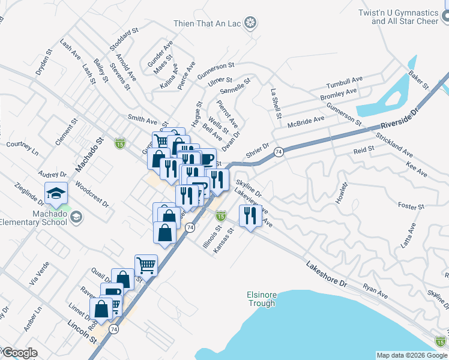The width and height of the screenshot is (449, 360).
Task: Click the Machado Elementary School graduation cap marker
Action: pyautogui.click(x=56, y=193)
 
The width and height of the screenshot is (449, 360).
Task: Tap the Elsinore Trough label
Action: pyautogui.click(x=261, y=299)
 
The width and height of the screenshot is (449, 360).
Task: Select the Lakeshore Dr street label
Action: pyautogui.click(x=327, y=273)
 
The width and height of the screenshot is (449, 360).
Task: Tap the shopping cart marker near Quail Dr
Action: pyautogui.click(x=146, y=264)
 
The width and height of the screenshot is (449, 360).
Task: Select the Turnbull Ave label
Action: pyautogui.click(x=344, y=82)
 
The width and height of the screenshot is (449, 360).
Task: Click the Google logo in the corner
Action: pyautogui.click(x=19, y=353)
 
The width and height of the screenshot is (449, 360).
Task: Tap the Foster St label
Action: pyautogui.click(x=411, y=206)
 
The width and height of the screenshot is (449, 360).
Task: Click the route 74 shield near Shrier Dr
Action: pyautogui.click(x=279, y=152)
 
